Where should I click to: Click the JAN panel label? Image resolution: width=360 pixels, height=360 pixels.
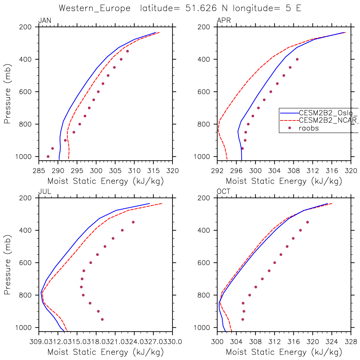pyautogui.click(x=44, y=21)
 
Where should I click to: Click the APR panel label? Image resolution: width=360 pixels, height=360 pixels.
pyautogui.click(x=224, y=21)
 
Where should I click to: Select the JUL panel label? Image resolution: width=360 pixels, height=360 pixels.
pyautogui.click(x=44, y=192)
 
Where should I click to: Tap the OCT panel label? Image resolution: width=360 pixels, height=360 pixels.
pyautogui.click(x=223, y=192)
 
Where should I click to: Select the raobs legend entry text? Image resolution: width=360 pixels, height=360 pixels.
pyautogui.click(x=309, y=128)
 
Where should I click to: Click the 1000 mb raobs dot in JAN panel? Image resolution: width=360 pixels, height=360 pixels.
pyautogui.click(x=48, y=156)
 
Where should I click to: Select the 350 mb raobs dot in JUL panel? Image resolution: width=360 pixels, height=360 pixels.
pyautogui.click(x=133, y=222)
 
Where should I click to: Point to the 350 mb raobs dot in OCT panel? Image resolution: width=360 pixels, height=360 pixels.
pyautogui.click(x=307, y=222)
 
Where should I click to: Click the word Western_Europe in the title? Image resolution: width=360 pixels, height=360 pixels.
pyautogui.click(x=95, y=8)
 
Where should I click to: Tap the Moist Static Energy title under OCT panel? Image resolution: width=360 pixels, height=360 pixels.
pyautogui.click(x=284, y=352)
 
